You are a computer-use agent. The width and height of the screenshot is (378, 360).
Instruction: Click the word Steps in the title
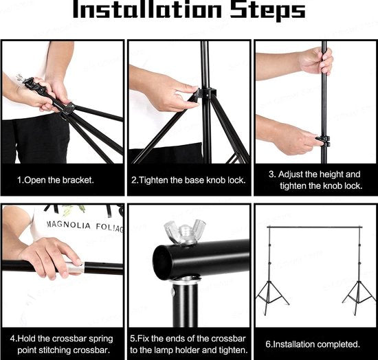click(x=267, y=11)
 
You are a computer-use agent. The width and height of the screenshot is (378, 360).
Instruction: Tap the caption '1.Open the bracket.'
click(x=56, y=180)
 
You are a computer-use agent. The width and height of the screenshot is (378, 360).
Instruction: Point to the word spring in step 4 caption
click(x=101, y=339)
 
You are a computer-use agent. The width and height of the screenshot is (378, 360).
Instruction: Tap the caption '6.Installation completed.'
click(x=313, y=344)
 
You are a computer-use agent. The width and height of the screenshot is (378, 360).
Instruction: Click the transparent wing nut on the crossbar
click(x=185, y=232)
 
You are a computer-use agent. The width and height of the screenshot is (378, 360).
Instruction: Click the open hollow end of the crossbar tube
click(x=162, y=262)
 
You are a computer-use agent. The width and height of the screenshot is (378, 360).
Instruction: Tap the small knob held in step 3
click(x=323, y=142)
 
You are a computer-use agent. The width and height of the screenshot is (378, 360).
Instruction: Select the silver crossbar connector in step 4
click(x=75, y=267)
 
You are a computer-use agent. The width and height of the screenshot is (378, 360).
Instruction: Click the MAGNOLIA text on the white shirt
click(x=69, y=225)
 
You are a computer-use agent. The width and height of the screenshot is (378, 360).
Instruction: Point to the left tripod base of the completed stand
click(x=272, y=297)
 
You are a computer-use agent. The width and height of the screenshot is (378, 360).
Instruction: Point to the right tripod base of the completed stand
click(x=358, y=297)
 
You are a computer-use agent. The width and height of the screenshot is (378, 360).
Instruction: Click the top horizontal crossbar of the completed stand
click(x=315, y=227)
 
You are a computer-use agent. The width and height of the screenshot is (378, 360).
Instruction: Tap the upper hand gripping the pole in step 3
click(x=316, y=60)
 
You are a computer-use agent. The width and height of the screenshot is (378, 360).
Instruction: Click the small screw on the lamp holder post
click(x=173, y=291)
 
